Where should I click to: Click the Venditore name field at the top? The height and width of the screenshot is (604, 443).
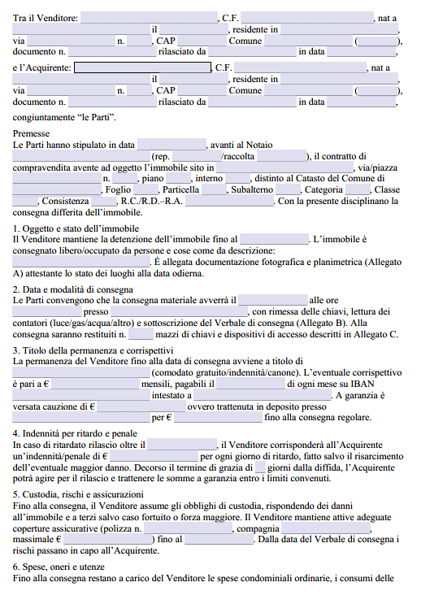[149, 17]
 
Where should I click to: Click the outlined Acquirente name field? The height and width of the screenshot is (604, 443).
[141, 67]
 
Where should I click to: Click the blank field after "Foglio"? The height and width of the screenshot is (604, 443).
[149, 189]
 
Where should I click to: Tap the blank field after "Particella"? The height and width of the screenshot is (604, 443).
[214, 189]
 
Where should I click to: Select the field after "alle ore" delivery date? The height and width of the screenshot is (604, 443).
[272, 300]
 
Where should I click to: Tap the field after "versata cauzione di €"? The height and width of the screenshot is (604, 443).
[140, 406]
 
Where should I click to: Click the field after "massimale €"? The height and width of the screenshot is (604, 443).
[106, 540]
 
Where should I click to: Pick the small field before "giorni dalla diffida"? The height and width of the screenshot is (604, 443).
[260, 468]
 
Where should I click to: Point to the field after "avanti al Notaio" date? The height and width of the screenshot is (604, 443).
[172, 144]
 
